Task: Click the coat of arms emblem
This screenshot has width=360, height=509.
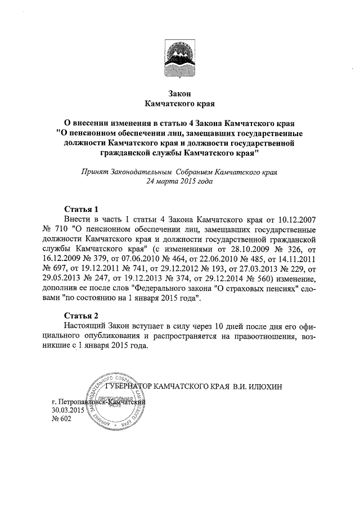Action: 180,59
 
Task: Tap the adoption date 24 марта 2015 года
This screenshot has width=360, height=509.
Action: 180,182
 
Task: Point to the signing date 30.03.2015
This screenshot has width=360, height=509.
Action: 67,410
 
